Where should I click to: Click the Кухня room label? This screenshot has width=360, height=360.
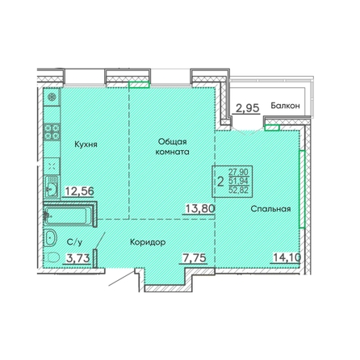[x=86, y=144]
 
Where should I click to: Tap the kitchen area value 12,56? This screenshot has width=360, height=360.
[x=80, y=191]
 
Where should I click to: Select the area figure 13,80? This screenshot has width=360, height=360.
[x=200, y=208]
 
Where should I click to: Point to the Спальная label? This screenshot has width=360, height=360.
[x=270, y=209]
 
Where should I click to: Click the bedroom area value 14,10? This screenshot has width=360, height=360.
[x=287, y=257]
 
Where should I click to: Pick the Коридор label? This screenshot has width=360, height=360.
[x=148, y=242]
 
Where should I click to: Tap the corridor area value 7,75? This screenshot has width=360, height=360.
[x=195, y=257]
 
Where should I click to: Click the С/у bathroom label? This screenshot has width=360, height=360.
[x=74, y=242]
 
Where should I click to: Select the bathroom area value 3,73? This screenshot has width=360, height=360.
[x=77, y=258]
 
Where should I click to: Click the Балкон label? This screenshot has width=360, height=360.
[x=285, y=106]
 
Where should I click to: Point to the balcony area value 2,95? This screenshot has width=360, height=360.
[x=248, y=108]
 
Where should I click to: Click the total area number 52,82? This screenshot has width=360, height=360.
[x=238, y=190]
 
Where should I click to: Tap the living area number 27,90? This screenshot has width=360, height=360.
[x=238, y=172]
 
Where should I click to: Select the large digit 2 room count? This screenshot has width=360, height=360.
[x=220, y=182]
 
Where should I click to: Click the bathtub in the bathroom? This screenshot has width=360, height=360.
[x=67, y=215]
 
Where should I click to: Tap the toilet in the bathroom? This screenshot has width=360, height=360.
[x=52, y=257]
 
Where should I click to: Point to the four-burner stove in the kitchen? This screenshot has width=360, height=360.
[x=52, y=132]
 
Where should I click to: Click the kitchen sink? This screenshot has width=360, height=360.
[x=51, y=186]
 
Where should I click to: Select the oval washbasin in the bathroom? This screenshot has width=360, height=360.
[x=51, y=237]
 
